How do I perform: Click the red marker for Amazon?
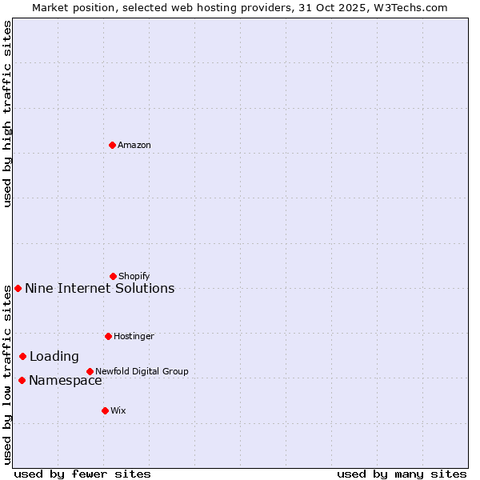tap(112, 145)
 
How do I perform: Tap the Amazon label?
tap(134, 146)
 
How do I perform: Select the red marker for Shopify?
tap(113, 276)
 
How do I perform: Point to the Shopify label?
tap(134, 277)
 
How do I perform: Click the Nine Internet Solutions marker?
tap(18, 288)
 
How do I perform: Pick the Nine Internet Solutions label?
tap(99, 289)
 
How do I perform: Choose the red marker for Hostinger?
tap(108, 336)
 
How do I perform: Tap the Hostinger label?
tap(134, 337)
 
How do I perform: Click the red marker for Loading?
tap(22, 356)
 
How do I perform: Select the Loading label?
tap(54, 357)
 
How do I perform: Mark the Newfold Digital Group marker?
tap(90, 371)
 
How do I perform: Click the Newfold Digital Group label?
tap(142, 372)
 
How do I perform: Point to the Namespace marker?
tap(22, 380)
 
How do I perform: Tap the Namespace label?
tap(66, 381)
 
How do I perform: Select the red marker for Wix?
tap(105, 410)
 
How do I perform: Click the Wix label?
tap(118, 411)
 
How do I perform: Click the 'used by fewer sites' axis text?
tap(82, 474)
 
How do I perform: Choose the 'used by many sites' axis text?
tap(402, 474)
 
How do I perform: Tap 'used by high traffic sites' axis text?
tap(8, 114)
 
